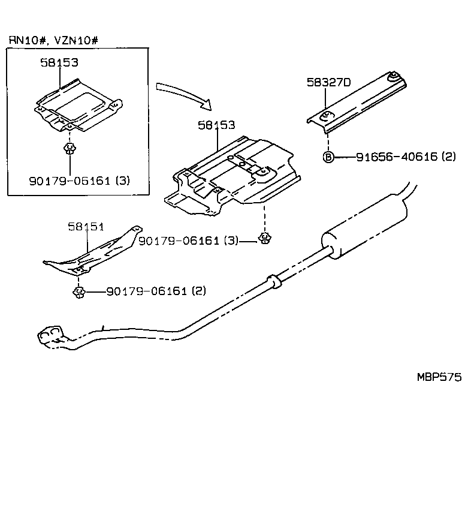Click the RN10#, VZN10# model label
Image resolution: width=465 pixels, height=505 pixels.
coord(53,40)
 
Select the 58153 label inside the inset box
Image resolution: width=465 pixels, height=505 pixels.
coord(59,62)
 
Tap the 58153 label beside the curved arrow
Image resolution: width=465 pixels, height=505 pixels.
coord(216,125)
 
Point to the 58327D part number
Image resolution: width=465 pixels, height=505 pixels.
coord(328,83)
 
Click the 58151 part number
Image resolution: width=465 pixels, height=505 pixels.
coord(86,226)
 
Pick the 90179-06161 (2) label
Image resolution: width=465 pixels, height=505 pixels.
coord(156,291)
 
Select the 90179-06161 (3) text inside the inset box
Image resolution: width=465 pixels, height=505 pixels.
coord(79,180)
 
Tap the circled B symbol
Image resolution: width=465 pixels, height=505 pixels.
coord(328,157)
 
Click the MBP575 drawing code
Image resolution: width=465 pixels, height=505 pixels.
coord(439,377)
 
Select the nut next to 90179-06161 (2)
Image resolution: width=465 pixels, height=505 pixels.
coord(78,292)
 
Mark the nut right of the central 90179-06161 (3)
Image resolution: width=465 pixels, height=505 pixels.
coord(263,241)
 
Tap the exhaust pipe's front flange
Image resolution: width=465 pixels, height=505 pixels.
coord(51,335)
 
